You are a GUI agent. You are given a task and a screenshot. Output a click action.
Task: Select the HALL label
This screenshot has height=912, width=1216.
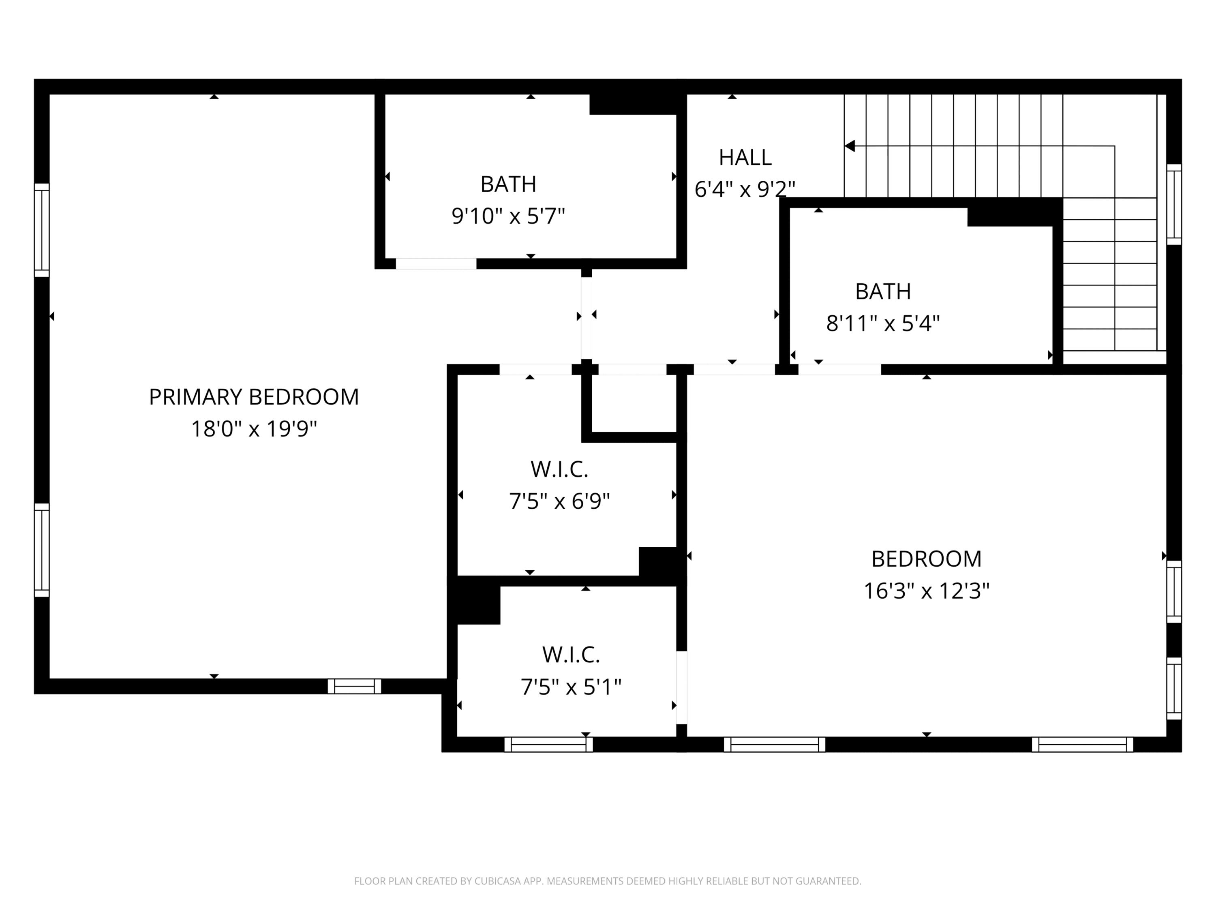click(x=745, y=158)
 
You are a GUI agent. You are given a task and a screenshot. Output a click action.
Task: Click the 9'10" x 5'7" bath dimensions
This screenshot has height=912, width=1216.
click(x=508, y=216)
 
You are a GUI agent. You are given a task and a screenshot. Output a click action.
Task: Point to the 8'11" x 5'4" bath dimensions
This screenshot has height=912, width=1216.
click(x=883, y=323)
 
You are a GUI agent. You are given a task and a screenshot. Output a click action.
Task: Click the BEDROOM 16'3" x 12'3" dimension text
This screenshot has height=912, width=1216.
click(x=926, y=591)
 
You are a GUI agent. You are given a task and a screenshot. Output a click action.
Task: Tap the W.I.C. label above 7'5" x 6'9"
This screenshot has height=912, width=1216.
click(x=559, y=469)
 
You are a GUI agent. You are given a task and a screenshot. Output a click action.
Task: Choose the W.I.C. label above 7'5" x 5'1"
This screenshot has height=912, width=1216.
click(x=571, y=655)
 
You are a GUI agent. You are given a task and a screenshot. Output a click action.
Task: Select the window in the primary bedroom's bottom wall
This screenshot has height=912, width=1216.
click(x=355, y=686)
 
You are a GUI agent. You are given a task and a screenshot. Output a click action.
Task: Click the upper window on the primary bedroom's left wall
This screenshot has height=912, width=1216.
click(x=42, y=230)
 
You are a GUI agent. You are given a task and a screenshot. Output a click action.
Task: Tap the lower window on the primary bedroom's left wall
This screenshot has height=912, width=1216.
click(x=42, y=550)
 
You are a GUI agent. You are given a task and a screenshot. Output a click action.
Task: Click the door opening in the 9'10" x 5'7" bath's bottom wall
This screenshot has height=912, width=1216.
click(x=436, y=264)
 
